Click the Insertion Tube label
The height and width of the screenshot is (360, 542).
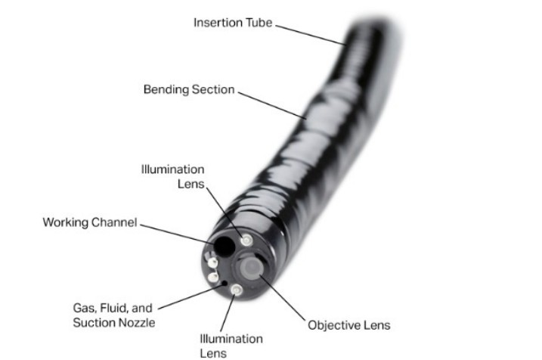pos(232,23)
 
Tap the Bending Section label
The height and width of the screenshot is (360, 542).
pos(189,90)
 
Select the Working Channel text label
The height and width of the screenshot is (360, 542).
pos(89,222)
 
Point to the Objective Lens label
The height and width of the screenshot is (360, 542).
pos(348,325)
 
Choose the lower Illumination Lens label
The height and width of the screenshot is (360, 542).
pos(231,346)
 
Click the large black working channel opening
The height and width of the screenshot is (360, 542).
pos(225,245)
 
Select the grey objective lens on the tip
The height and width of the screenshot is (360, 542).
pos(250,268)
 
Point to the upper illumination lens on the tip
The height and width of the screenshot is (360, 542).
pos(244,239)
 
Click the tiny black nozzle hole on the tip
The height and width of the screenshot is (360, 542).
pos(223,284)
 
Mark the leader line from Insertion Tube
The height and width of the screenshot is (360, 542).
pos(310,35)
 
